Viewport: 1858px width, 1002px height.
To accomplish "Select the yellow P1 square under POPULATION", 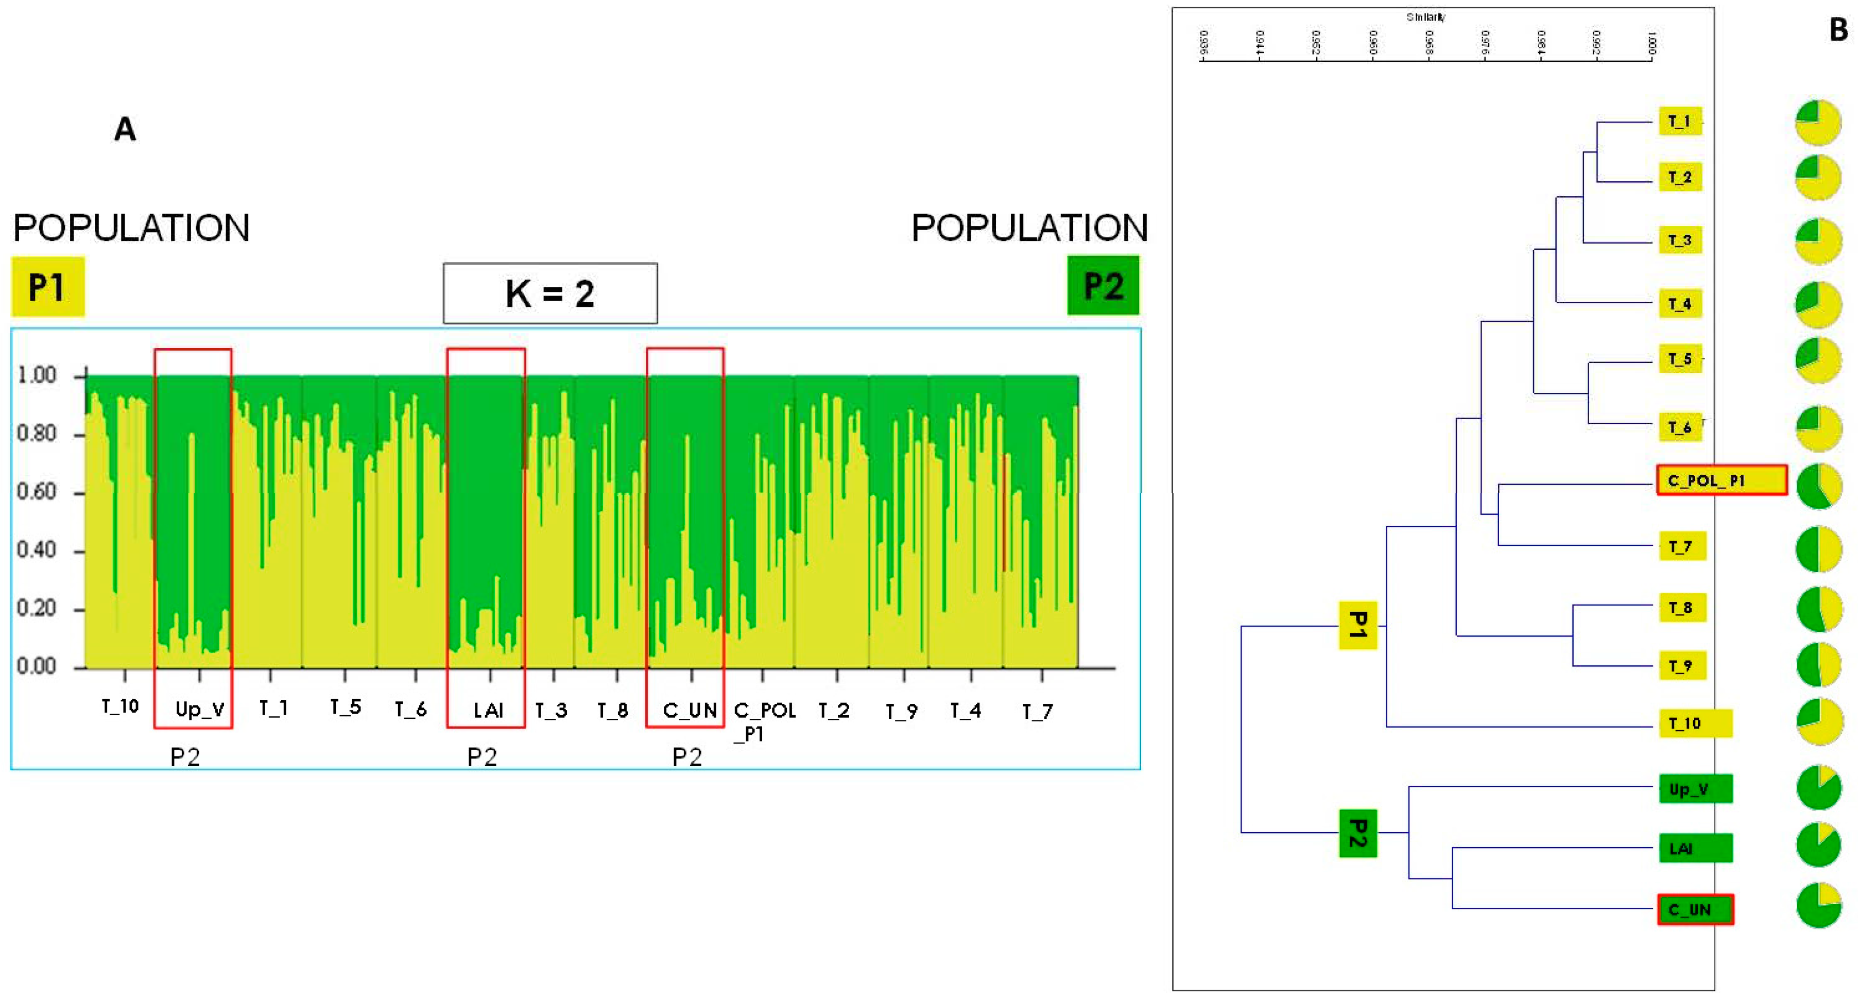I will [x=47, y=286].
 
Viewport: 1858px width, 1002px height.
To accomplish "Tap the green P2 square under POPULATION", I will [x=1103, y=286].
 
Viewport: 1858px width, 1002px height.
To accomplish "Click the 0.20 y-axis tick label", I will [x=37, y=609].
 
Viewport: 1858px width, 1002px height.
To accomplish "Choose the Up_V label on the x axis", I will [x=199, y=710].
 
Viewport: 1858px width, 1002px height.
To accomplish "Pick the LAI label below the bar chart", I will [x=488, y=711].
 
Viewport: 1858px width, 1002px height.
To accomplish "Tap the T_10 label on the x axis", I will [x=120, y=706].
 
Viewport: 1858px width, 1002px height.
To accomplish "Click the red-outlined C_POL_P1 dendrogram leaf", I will [x=1722, y=480].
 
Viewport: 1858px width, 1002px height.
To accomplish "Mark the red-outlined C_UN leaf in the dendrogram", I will [x=1695, y=910].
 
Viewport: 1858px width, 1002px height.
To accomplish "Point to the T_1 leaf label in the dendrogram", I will [x=1679, y=121].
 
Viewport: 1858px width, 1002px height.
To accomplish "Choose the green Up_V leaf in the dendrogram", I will [x=1695, y=788].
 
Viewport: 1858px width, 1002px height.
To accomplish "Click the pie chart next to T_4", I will [x=1818, y=304].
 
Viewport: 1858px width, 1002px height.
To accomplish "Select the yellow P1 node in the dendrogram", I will [x=1357, y=625].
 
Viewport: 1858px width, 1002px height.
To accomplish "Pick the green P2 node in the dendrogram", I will [x=1357, y=833].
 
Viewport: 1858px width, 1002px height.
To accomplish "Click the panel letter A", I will [x=125, y=130].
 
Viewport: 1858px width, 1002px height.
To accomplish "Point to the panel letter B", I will [x=1838, y=29].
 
